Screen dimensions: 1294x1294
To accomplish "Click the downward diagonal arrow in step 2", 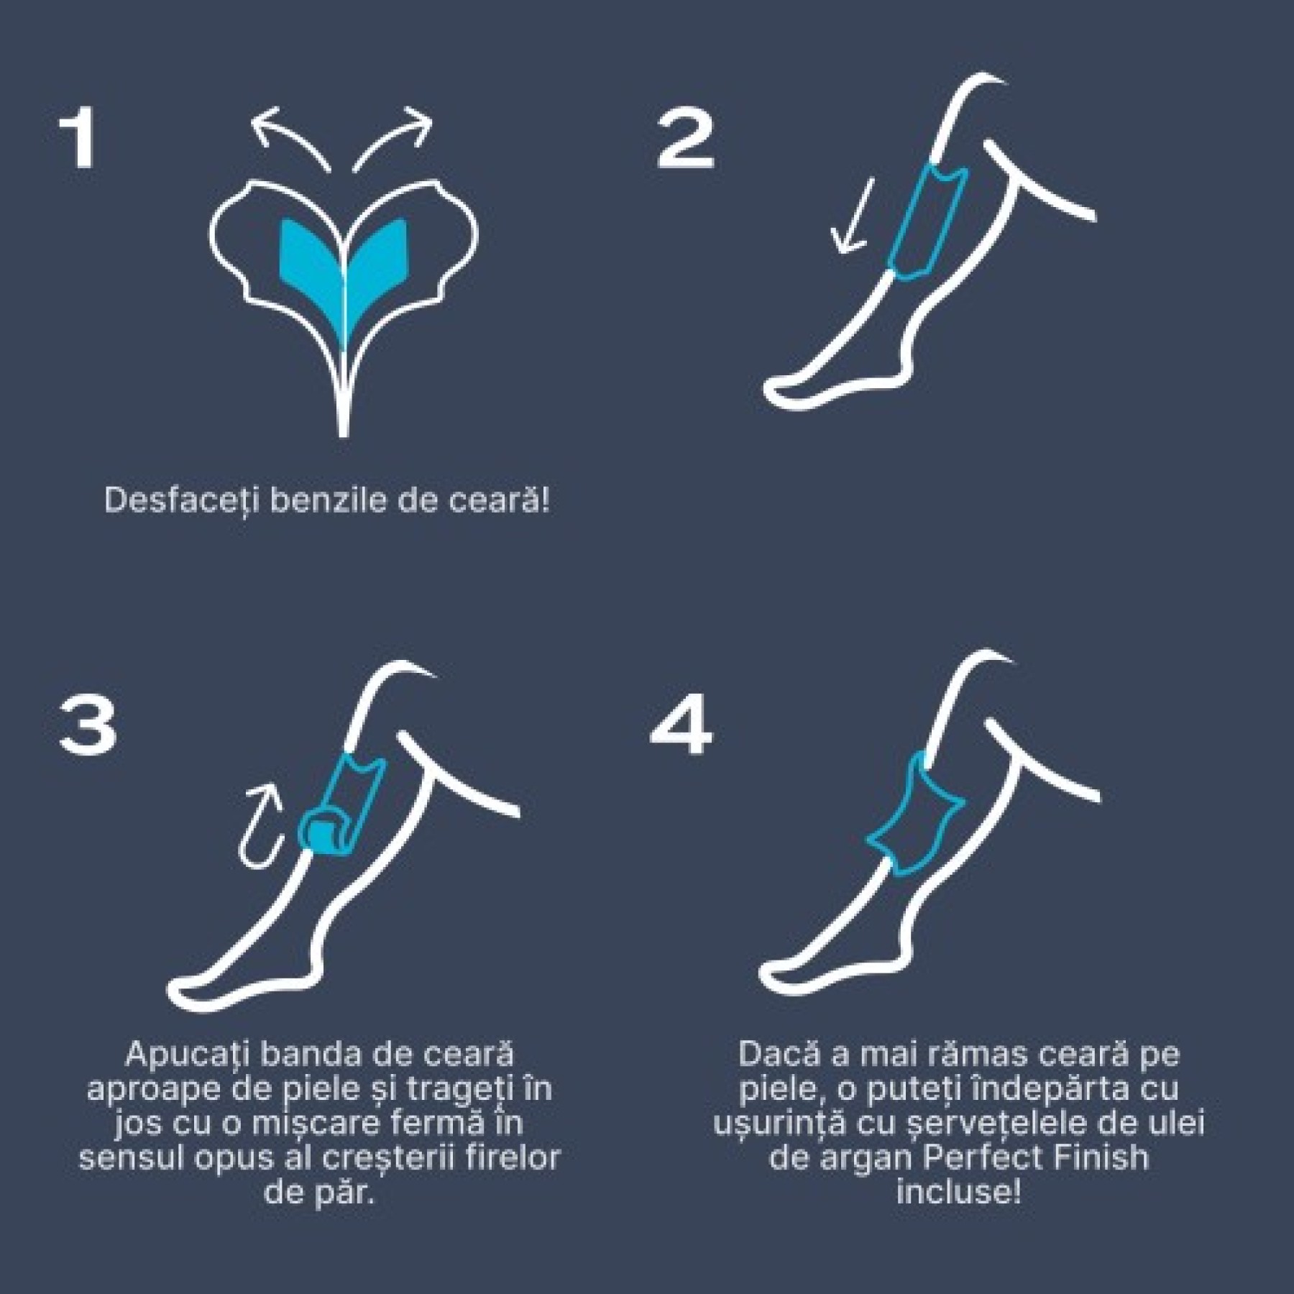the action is (853, 216).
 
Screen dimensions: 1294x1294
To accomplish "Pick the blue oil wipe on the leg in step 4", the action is (917, 816).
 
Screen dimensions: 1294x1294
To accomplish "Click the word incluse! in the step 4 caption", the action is (958, 1194).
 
